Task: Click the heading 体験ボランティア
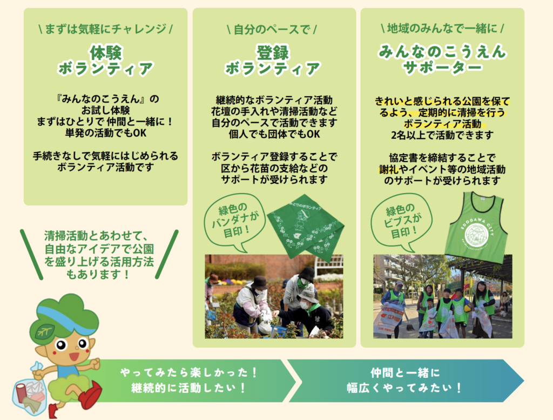[x=105, y=61]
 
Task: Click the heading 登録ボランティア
[x=273, y=61]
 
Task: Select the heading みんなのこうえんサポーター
[x=442, y=59]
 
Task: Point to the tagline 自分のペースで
[x=272, y=29]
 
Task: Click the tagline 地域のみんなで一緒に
[x=442, y=28]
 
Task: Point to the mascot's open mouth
[x=75, y=356]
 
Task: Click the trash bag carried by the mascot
[x=30, y=392]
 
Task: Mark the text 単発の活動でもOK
[x=105, y=133]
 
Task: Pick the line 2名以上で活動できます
[x=442, y=135]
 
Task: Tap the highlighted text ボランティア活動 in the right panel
[x=442, y=124]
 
